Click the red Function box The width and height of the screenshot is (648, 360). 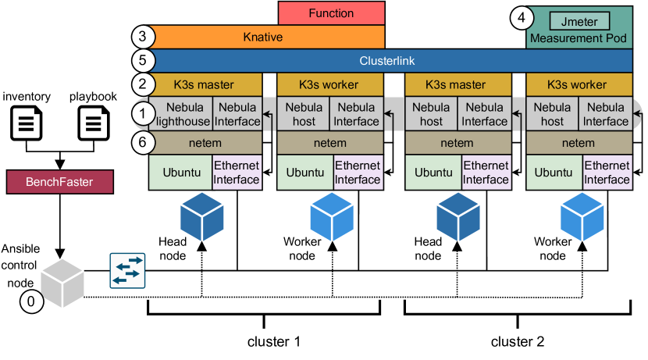[x=331, y=13]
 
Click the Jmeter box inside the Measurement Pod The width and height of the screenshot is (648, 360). [x=579, y=18]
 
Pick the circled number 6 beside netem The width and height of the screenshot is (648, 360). [x=142, y=143]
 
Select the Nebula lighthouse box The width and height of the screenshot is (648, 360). [x=180, y=114]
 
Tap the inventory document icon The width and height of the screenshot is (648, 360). [x=27, y=124]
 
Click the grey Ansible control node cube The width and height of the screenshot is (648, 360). [x=62, y=280]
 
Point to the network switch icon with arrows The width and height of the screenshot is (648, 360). [x=126, y=269]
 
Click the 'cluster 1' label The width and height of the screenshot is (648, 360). [x=273, y=341]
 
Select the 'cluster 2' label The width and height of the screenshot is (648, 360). [x=517, y=341]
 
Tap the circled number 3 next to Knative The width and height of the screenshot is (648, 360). [x=141, y=37]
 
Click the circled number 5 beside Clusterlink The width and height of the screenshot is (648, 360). [x=141, y=60]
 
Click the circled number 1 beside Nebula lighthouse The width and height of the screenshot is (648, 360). [x=141, y=114]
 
